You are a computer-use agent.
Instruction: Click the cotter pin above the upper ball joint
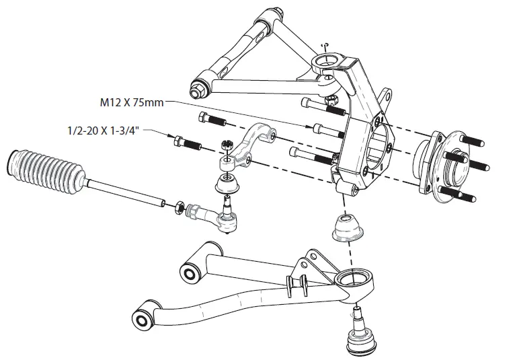coord(325,45)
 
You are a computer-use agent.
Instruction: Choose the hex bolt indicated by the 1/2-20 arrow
coord(185,143)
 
